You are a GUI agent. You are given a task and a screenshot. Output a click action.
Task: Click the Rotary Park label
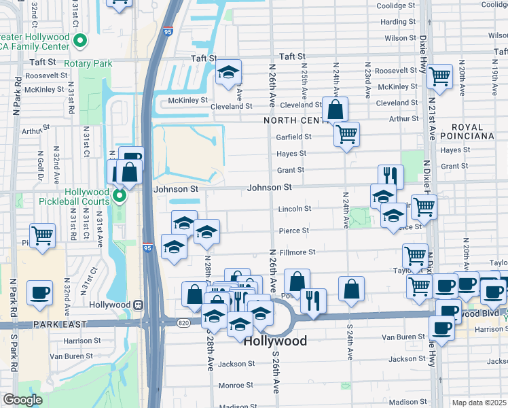(x=88, y=63)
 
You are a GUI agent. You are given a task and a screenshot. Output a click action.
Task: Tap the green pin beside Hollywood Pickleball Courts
(x=120, y=198)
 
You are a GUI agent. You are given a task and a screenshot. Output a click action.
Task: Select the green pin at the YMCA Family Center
(x=81, y=41)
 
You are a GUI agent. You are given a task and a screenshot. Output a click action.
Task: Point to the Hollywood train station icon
(x=138, y=305)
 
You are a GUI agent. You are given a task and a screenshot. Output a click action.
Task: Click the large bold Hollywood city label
(x=275, y=341)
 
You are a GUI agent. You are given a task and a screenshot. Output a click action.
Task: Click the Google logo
(x=22, y=400)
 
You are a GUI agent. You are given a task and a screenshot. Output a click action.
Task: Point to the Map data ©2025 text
(x=479, y=403)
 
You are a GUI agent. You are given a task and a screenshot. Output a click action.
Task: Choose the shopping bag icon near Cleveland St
(x=335, y=109)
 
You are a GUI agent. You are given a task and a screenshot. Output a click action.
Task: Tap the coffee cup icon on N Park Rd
(x=39, y=293)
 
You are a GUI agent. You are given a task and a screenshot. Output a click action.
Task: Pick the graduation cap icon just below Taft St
(x=229, y=71)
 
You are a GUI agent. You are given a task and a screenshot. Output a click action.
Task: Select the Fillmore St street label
(x=298, y=252)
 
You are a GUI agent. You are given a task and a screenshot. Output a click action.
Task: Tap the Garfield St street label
(x=293, y=136)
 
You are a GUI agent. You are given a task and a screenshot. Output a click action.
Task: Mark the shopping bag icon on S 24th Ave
(x=351, y=288)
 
